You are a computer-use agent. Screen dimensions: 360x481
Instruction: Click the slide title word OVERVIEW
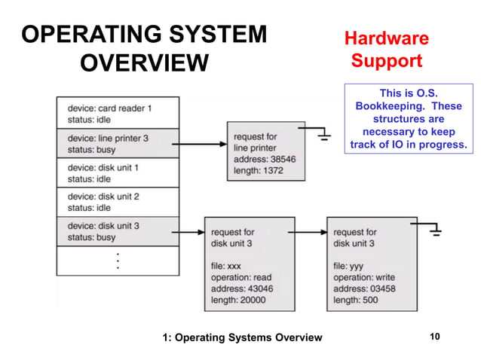pyautogui.click(x=143, y=62)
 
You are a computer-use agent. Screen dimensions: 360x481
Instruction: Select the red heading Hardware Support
pyautogui.click(x=386, y=49)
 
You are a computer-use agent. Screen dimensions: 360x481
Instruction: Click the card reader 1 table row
pyautogui.click(x=118, y=112)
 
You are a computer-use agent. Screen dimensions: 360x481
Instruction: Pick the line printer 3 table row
pyautogui.click(x=118, y=143)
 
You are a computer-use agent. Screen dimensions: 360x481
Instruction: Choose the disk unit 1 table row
pyautogui.click(x=118, y=172)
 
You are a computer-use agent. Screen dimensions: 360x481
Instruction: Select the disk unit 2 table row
pyautogui.click(x=118, y=202)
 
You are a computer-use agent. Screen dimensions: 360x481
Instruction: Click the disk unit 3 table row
pyautogui.click(x=118, y=231)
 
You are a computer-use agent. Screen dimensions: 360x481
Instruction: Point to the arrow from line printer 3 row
pyautogui.click(x=204, y=143)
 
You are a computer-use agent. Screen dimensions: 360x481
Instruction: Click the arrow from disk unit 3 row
pyautogui.click(x=192, y=232)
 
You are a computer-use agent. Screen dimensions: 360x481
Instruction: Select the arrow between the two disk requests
pyautogui.click(x=311, y=232)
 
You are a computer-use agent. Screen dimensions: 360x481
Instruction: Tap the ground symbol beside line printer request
pyautogui.click(x=324, y=136)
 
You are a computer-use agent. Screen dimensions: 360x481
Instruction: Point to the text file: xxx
pyautogui.click(x=226, y=265)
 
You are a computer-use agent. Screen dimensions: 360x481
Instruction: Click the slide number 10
pyautogui.click(x=434, y=337)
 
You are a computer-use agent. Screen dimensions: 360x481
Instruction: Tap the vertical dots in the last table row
pyautogui.click(x=118, y=261)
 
